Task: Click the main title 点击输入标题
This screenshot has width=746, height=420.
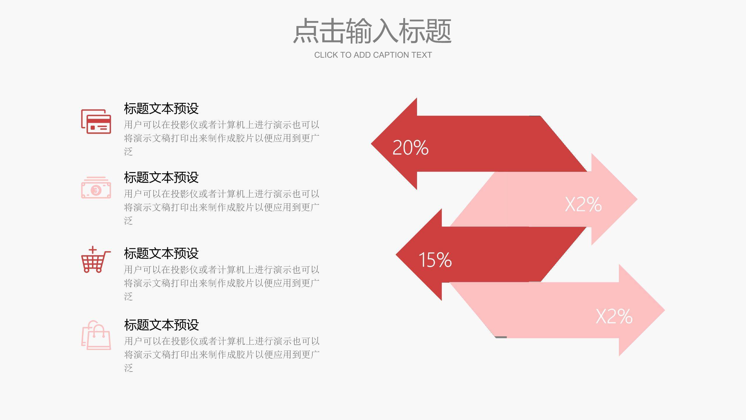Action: click(372, 31)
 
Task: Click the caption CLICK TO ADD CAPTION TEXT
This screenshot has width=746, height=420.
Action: click(373, 55)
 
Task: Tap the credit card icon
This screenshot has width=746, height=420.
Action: click(96, 122)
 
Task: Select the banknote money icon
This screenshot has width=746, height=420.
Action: click(96, 188)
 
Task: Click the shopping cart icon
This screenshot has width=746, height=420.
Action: click(95, 260)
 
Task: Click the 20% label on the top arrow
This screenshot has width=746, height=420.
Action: click(410, 148)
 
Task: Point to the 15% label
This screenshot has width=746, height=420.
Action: click(435, 260)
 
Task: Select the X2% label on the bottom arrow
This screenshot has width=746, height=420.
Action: click(614, 316)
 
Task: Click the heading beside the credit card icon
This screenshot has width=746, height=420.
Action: click(161, 108)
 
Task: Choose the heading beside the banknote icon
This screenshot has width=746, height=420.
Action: click(161, 177)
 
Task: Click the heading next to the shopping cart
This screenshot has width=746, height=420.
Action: click(161, 253)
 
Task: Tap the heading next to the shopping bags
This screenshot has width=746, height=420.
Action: click(161, 325)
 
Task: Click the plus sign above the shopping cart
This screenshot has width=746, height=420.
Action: click(93, 250)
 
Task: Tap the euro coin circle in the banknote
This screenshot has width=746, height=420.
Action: click(95, 190)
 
